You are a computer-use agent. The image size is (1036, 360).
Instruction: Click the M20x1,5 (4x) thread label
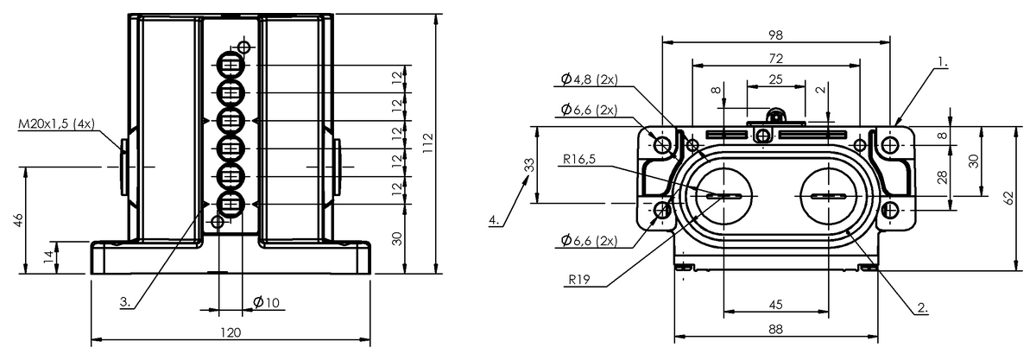point(56,123)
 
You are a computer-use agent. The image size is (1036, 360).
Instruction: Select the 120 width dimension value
point(230,332)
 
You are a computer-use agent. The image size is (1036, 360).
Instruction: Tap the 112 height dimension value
point(428,143)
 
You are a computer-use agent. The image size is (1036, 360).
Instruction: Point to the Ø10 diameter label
point(267,303)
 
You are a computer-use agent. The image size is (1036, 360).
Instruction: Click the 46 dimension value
point(17,220)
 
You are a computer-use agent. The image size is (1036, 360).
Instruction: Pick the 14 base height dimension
point(49,257)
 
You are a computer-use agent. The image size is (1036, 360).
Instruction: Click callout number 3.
point(125,302)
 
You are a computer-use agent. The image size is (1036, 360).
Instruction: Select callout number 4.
point(495,220)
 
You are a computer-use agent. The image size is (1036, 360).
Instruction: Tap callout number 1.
point(942,62)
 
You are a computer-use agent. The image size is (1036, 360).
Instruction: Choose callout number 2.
point(923,307)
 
